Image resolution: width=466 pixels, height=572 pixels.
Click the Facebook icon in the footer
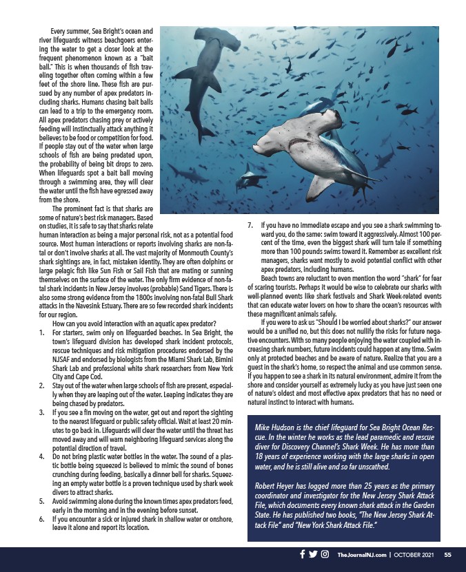coord(302,554)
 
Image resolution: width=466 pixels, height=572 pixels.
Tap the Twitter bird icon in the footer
coord(313,554)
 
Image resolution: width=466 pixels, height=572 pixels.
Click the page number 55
coord(447,555)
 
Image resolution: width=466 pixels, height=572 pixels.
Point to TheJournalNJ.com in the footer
coord(358,555)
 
